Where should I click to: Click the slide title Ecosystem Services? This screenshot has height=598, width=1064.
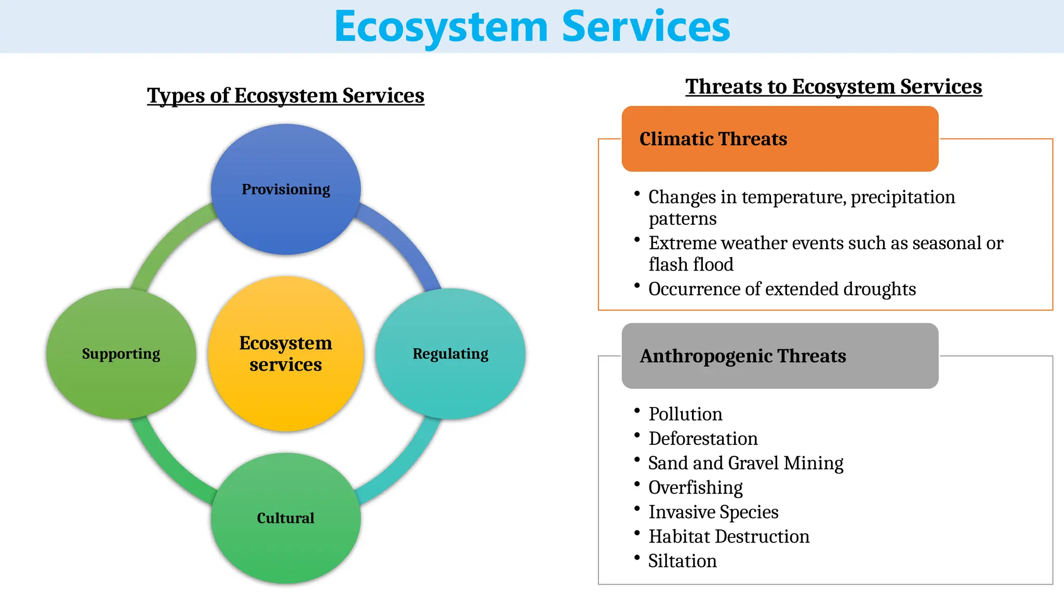532,27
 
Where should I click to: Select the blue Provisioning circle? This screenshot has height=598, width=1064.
286,189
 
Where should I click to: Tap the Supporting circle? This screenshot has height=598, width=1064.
121,354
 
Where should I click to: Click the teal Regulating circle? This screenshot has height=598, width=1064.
450,354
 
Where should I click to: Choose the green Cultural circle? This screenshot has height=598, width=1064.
286,518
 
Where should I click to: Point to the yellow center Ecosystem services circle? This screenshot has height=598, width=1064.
286,354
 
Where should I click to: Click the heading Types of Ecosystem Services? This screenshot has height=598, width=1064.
286,96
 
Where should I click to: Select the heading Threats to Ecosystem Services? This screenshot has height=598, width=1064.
833,86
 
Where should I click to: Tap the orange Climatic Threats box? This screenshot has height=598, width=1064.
779,139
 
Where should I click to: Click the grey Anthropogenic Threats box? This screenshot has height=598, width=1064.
779,356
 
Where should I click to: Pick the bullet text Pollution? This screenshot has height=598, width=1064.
685,414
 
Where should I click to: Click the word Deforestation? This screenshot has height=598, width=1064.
703,439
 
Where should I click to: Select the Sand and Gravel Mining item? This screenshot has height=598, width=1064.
746,463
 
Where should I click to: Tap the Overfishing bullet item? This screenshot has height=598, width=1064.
695,487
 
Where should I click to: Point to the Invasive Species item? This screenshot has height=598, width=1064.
713,512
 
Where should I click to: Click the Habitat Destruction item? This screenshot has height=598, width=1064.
729,536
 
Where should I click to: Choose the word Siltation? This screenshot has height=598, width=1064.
682,561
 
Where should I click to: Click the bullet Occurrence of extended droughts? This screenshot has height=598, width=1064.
782,289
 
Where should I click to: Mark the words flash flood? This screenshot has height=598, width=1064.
691,265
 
